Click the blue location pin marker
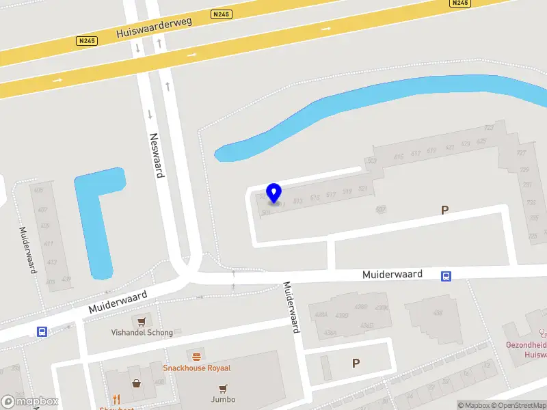coord(274,193)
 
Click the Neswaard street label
coord(157,155)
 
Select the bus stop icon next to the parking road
coord(446,275)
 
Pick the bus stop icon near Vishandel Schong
coord(42,331)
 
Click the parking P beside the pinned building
coord(445,210)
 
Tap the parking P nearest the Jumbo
coord(356,364)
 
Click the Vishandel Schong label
coord(142,332)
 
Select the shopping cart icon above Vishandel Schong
coord(142,321)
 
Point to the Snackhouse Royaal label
coord(196,368)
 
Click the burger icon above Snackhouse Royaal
coord(197,357)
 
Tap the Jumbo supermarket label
coord(223,399)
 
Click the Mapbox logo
coord(29,402)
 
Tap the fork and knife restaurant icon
coord(117,399)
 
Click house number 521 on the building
coord(363,189)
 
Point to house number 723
coord(489,128)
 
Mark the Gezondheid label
coord(526,345)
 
